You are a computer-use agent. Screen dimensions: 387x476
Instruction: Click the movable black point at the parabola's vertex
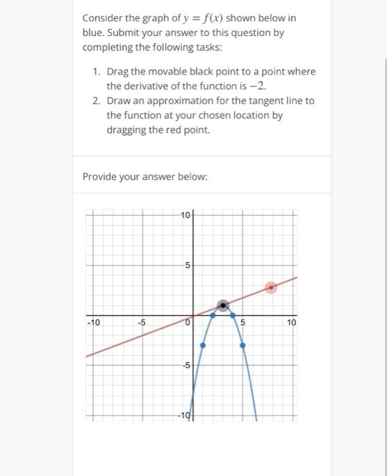coord(223,305)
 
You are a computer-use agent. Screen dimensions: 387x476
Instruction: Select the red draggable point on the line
coord(271,288)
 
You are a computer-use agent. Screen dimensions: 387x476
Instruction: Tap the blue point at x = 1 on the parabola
coord(202,345)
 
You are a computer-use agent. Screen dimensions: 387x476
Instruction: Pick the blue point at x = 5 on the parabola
coord(242,345)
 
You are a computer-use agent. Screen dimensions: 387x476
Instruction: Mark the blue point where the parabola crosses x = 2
coord(213,316)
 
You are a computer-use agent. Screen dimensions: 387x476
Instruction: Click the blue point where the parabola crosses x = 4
coord(232,316)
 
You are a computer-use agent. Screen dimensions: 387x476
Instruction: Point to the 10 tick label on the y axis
coord(186,216)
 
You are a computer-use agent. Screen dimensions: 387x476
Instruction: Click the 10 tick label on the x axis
coord(291,322)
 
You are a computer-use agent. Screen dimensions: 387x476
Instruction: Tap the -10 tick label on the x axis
coord(93,322)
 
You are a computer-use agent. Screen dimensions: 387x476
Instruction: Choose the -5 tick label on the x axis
coord(142,322)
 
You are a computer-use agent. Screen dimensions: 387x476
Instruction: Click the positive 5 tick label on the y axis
coord(188,265)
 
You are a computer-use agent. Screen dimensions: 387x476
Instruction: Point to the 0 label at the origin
coord(189,323)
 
